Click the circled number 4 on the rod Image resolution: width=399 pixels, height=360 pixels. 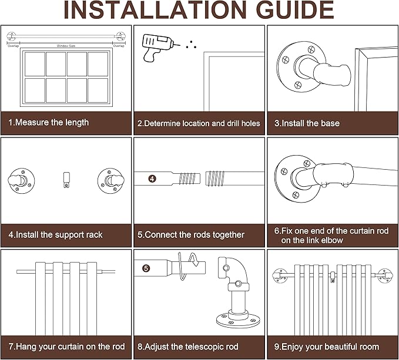[152, 179]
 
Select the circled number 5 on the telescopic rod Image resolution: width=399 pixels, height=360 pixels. [146, 268]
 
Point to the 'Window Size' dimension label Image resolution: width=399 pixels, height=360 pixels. [66, 46]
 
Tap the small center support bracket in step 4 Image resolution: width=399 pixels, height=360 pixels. [66, 180]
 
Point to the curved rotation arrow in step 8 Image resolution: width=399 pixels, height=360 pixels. [188, 265]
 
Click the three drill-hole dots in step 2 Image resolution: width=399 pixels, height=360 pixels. [191, 45]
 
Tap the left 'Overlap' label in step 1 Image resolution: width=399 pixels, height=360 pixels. [13, 46]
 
